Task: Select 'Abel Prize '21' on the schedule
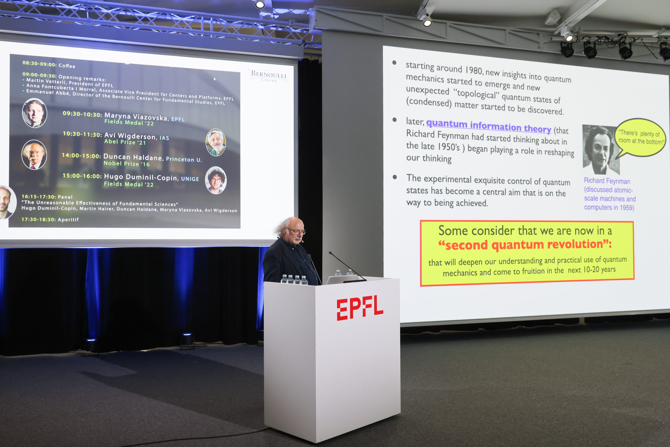click(125, 142)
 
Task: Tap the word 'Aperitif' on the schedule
click(68, 219)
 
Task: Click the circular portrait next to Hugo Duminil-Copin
click(216, 180)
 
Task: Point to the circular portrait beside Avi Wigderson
click(216, 142)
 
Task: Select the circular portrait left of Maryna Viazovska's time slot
click(34, 113)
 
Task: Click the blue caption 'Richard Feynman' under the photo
click(607, 181)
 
